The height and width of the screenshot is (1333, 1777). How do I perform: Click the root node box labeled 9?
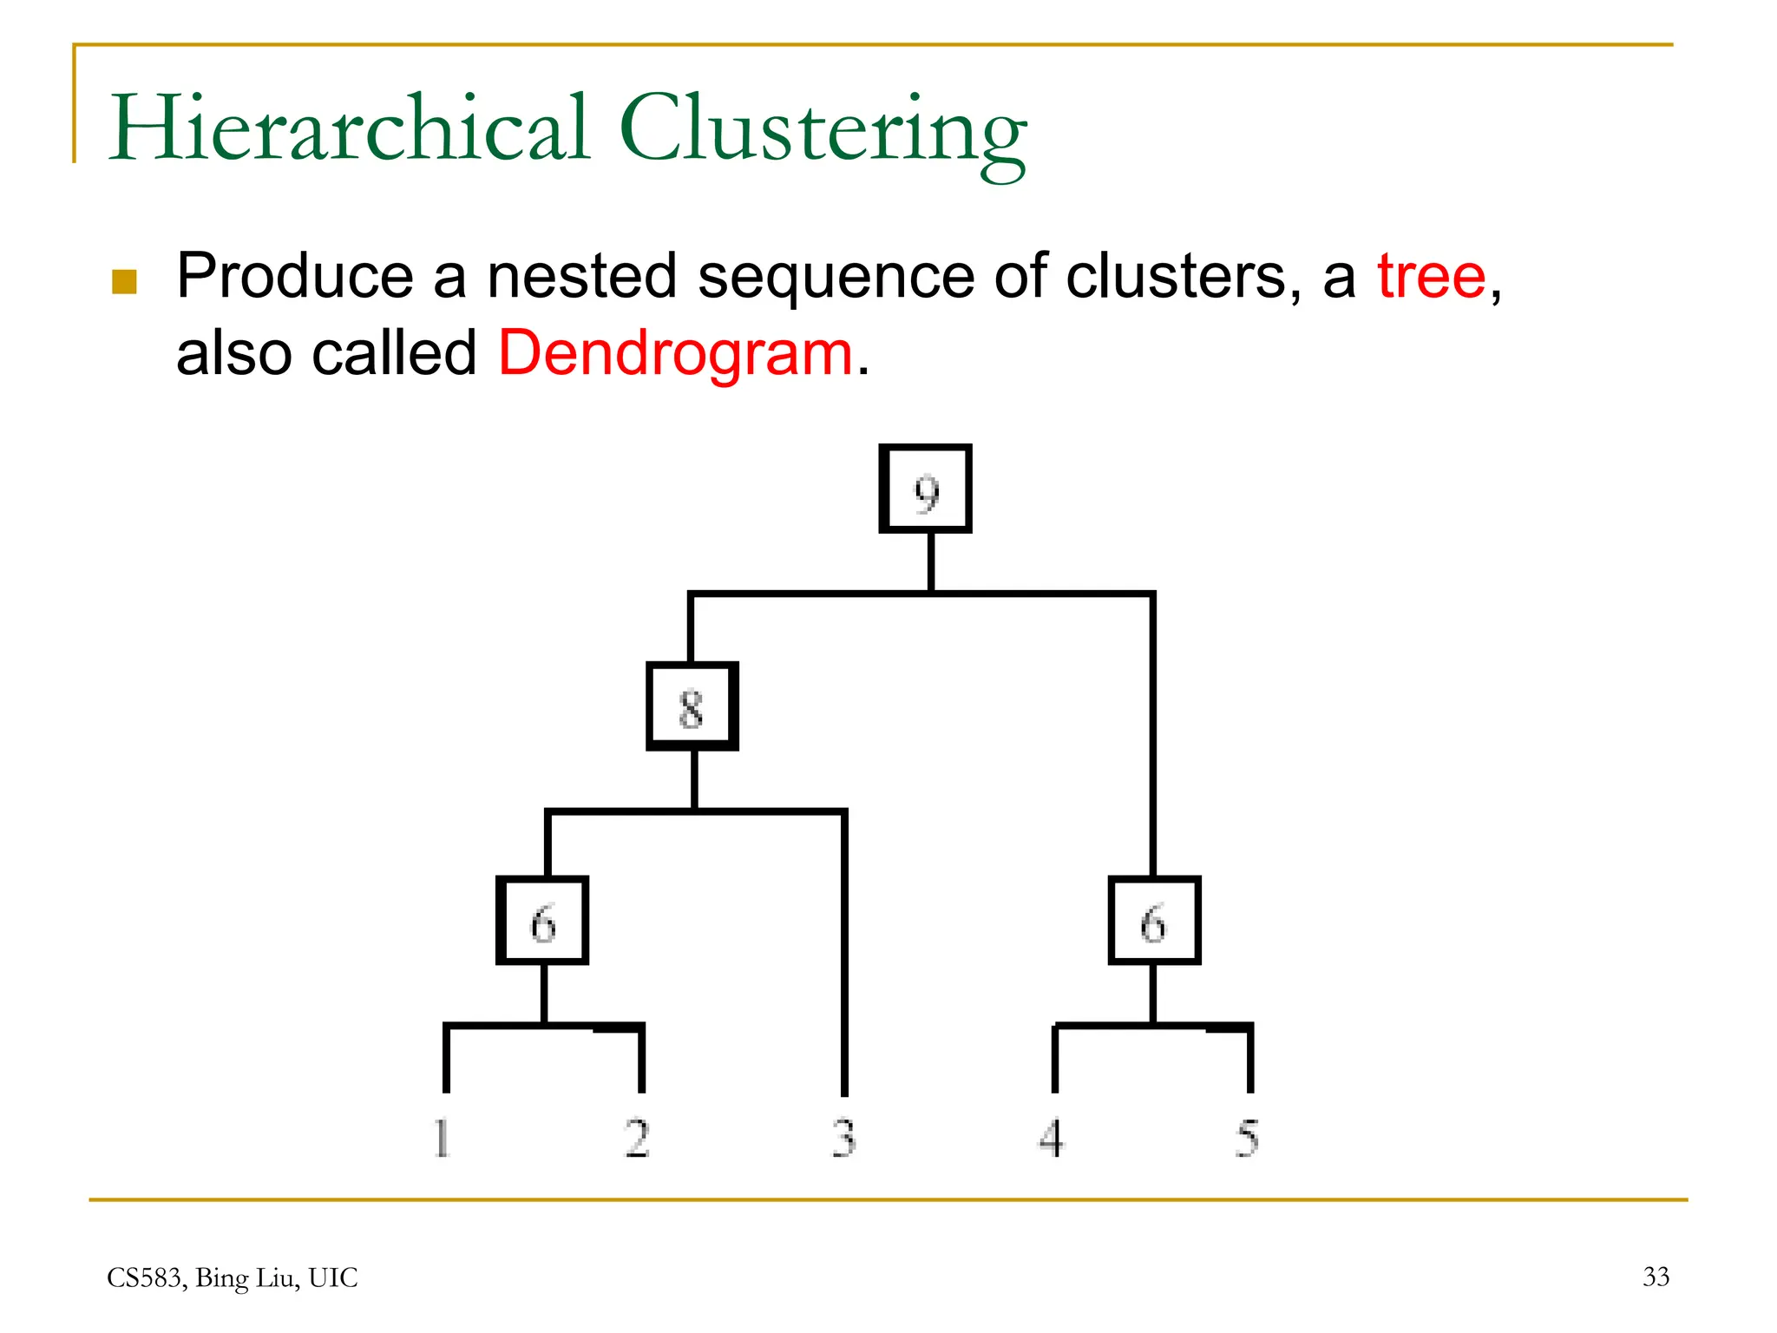click(x=925, y=489)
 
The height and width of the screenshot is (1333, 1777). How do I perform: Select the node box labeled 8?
click(x=692, y=706)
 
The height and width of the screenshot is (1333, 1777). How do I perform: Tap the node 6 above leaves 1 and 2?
click(x=542, y=921)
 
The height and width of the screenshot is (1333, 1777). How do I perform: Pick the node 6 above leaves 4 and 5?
click(x=1154, y=921)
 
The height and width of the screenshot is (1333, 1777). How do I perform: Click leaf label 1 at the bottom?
click(x=442, y=1138)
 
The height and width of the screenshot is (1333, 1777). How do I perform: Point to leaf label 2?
click(x=638, y=1138)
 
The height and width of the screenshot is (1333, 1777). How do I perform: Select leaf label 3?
click(x=843, y=1138)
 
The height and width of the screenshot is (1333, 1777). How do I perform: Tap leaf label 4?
click(x=1052, y=1138)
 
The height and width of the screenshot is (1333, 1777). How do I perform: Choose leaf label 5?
click(x=1247, y=1138)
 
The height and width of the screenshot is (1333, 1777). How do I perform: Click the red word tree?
click(x=1432, y=276)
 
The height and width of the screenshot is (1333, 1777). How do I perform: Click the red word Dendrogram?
click(x=676, y=353)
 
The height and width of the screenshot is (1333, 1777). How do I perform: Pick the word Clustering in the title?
click(x=823, y=130)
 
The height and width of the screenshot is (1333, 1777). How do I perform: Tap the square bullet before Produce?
click(x=125, y=281)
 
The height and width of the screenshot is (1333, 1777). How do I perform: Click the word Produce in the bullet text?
click(x=295, y=276)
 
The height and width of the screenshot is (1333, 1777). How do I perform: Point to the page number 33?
click(x=1656, y=1277)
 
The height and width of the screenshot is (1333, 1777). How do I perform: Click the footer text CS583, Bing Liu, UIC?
click(x=232, y=1277)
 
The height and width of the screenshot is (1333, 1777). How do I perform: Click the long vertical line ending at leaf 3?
click(x=844, y=955)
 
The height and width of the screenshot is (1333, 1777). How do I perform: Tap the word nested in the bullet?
click(x=582, y=276)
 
